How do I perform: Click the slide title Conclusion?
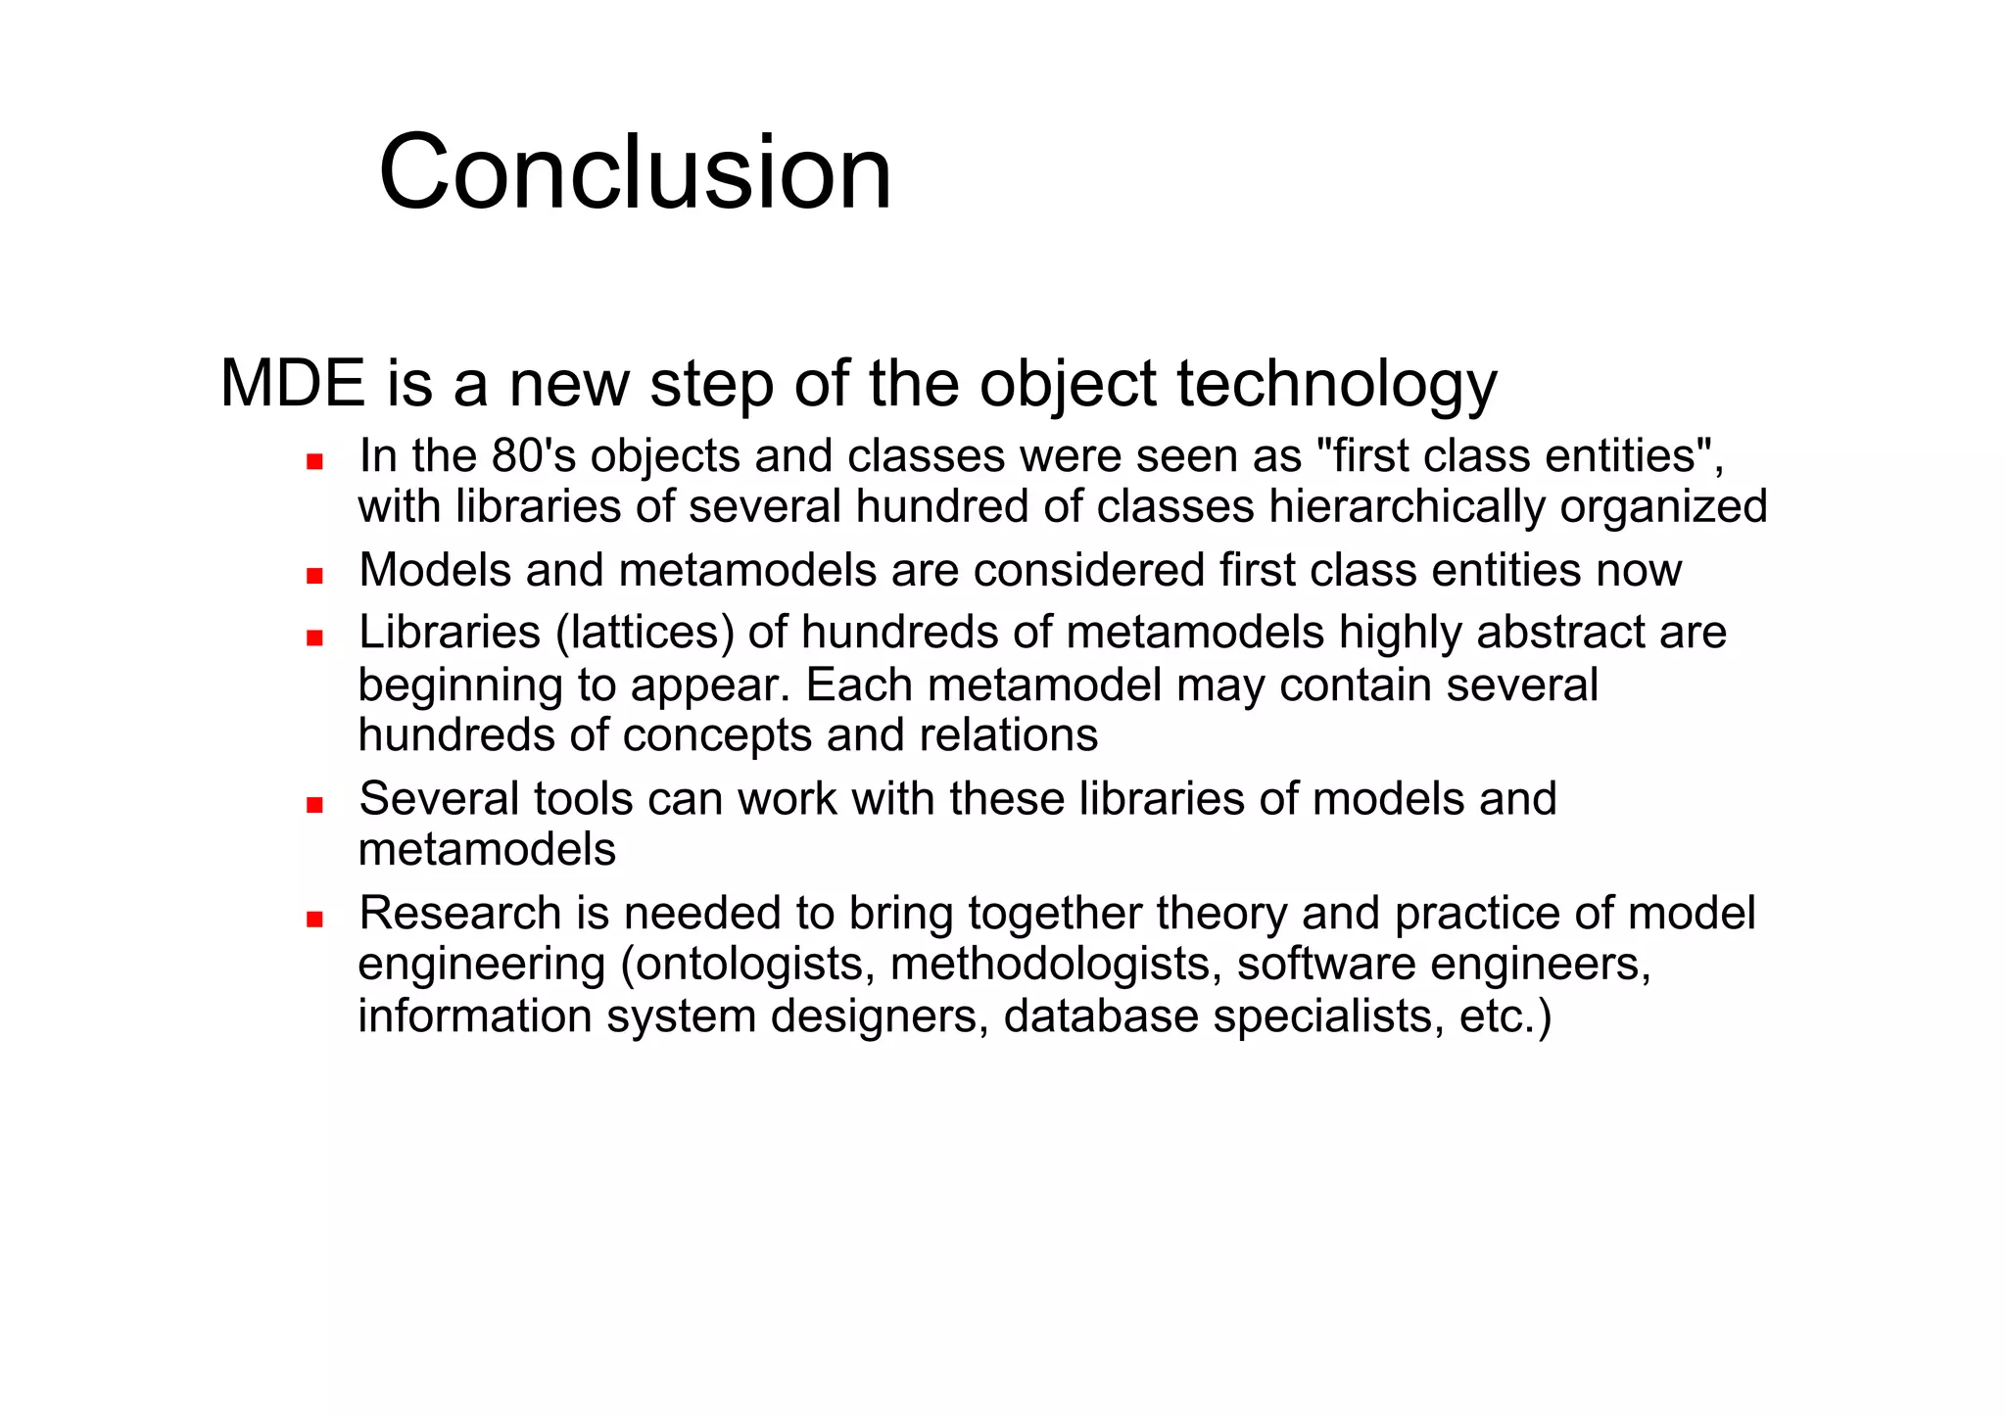[x=635, y=173]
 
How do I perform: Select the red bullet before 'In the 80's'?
[x=314, y=461]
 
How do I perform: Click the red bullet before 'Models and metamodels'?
[x=314, y=576]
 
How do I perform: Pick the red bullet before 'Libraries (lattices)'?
[x=314, y=638]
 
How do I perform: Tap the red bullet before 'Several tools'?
[x=314, y=805]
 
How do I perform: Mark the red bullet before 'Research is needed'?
[x=314, y=920]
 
